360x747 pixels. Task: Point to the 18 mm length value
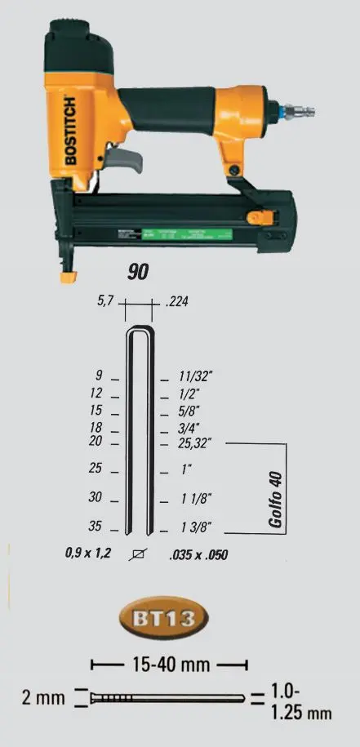[96, 428]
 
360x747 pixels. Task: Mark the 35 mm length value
[95, 527]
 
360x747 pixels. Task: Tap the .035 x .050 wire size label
[197, 555]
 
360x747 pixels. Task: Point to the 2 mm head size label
[42, 699]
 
